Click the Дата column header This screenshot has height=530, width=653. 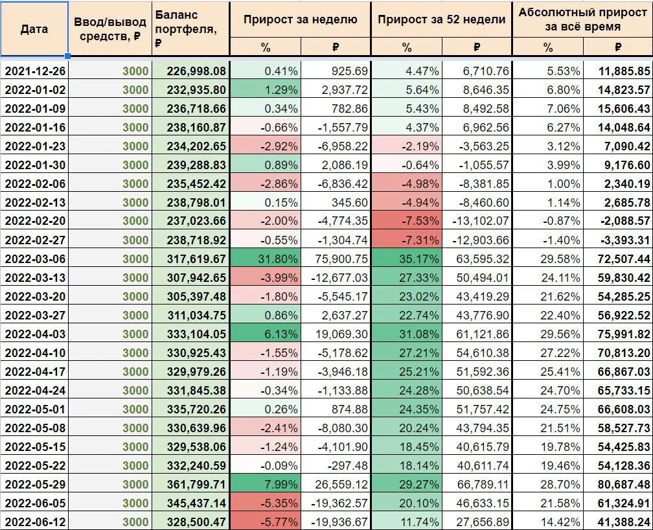coord(34,29)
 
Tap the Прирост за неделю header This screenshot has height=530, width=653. coord(301,19)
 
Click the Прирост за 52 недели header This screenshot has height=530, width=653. coord(441,19)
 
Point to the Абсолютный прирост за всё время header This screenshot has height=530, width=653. coord(582,19)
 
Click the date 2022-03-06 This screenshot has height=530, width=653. coord(36,259)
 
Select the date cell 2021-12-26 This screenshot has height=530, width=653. coord(36,71)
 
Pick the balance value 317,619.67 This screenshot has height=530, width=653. coord(196,259)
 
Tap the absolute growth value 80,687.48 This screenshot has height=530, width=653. coord(624,485)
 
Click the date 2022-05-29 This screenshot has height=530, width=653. coord(36,485)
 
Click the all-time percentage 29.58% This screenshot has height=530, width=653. coord(560,259)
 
